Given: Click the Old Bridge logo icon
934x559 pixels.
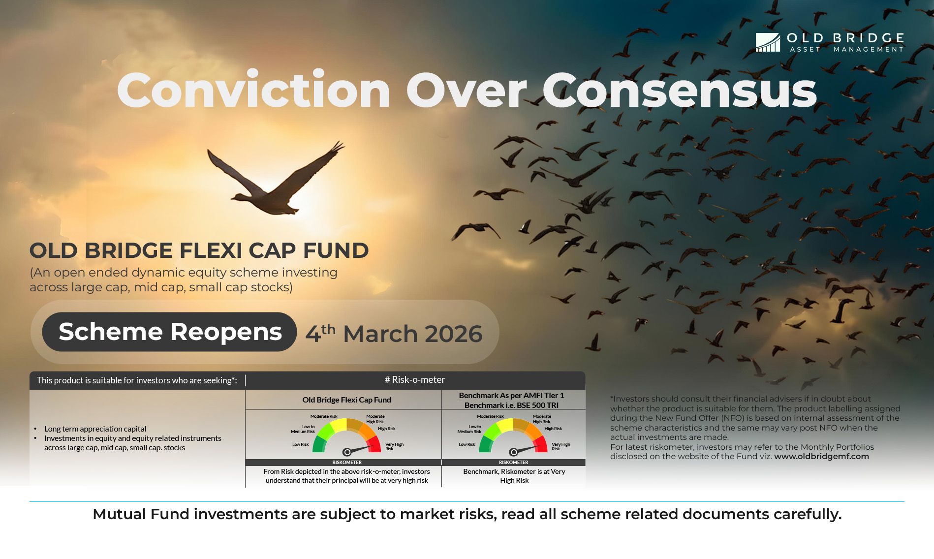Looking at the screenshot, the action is coord(768,42).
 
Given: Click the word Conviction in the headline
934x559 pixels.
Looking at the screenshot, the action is coord(253,91).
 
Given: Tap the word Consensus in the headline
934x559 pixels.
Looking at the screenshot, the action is coord(680,91).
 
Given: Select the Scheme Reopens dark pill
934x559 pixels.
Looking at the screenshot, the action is coord(170,332).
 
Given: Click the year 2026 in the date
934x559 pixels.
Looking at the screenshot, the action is coord(453,334).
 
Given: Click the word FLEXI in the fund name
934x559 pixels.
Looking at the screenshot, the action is coord(211,250).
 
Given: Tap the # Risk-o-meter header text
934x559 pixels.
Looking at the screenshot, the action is coord(415,380).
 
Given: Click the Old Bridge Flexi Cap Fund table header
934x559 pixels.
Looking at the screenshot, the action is coord(346,400).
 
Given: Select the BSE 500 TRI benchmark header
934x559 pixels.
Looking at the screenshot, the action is coord(511,405).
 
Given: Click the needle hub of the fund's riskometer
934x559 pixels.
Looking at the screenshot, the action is coord(347,452).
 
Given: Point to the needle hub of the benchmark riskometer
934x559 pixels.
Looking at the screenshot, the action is coord(513,452).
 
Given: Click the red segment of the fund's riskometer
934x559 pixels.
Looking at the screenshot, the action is coord(374,443).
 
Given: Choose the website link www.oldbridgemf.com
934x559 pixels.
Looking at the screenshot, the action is coord(821,457).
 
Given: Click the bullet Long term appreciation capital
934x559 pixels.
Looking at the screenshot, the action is coord(95,429).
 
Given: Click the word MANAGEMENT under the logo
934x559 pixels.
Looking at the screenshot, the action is coord(869,49).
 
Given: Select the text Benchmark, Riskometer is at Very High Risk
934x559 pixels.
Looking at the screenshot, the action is coord(514,476).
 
